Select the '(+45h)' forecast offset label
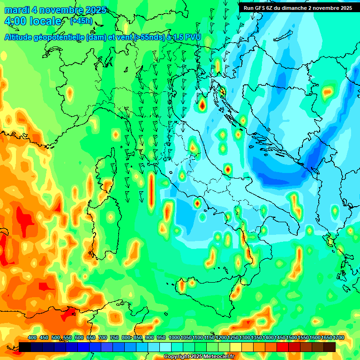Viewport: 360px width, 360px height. tap(81, 21)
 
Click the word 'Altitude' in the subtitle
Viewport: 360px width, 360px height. tap(21, 37)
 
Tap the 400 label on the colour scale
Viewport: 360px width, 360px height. tap(32, 338)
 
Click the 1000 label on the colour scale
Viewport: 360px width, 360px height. tap(174, 338)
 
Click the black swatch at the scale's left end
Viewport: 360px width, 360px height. tap(25, 347)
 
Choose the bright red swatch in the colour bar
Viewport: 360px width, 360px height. tap(283, 347)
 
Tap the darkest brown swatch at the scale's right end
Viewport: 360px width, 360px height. tap(330, 347)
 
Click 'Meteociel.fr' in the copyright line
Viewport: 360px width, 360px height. tap(219, 357)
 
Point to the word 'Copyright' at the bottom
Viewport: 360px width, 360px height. tap(177, 357)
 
